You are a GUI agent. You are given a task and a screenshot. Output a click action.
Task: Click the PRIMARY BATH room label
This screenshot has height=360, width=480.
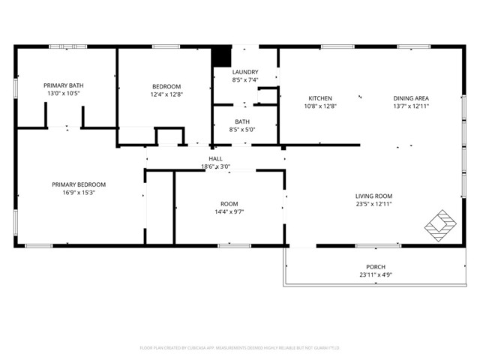coord(63,85)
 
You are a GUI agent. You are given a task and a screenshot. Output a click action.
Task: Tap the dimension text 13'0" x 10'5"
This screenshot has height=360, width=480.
coord(63,94)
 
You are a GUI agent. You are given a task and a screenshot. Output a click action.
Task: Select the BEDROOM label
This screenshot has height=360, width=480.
coord(166,86)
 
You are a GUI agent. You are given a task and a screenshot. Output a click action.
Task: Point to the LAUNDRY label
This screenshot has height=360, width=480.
coord(244,71)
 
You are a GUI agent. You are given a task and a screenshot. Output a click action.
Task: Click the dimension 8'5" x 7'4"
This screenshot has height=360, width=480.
coord(244,79)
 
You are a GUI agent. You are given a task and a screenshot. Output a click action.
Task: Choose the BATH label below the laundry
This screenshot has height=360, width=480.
coord(242,121)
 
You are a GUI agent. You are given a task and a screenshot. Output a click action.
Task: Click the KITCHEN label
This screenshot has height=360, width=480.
coord(320,98)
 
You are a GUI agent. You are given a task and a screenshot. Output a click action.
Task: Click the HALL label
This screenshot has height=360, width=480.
coord(215,158)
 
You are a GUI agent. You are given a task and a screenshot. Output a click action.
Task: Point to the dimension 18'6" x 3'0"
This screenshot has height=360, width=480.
coord(215,166)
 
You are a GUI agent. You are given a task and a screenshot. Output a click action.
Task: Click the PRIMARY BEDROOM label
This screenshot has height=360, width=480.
coord(79,184)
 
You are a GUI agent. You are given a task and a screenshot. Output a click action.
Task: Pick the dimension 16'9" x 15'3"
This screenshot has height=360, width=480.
coord(79,193)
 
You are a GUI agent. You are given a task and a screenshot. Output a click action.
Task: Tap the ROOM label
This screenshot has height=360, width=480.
coord(229,204)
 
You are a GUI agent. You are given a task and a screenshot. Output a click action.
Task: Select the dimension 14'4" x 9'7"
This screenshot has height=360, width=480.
coord(229,212)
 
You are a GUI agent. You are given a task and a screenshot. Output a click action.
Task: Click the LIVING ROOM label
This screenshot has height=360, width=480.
coord(373,196)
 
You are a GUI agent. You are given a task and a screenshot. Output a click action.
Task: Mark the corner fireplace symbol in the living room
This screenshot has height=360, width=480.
coord(439,223)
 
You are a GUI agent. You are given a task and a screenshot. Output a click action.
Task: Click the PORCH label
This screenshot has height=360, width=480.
coord(376,267)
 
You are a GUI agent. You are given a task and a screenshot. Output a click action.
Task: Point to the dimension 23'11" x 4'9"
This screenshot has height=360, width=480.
coord(376,275)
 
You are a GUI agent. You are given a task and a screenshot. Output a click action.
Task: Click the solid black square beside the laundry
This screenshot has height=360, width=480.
coord(221,57)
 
